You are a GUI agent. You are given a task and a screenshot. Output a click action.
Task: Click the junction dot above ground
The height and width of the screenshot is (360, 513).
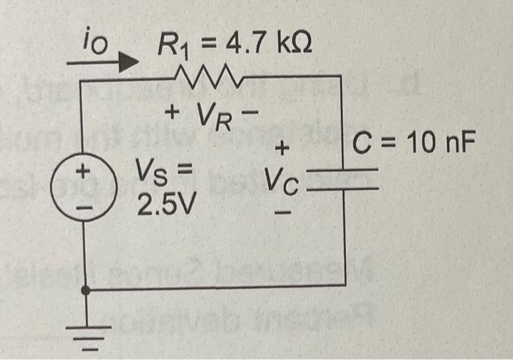tap(86, 290)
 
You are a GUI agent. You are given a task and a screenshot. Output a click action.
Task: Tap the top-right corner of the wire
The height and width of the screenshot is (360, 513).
tap(342, 74)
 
